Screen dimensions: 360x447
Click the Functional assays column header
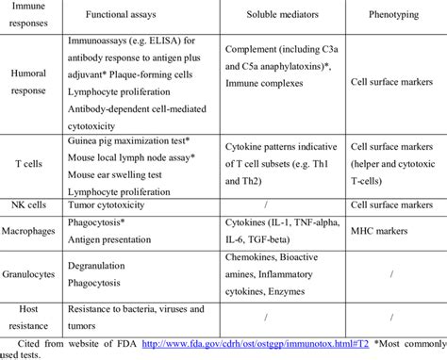[134, 18]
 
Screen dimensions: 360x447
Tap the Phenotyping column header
[382, 18]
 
